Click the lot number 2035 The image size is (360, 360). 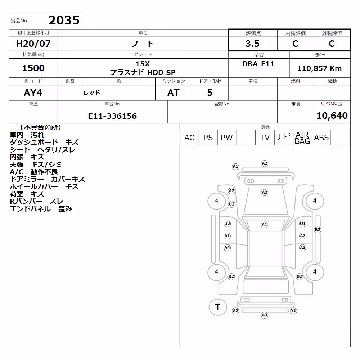pyautogui.click(x=64, y=21)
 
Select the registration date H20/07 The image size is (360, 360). pyautogui.click(x=33, y=44)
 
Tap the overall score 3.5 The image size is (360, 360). pyautogui.click(x=252, y=44)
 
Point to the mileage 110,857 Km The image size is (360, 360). pyautogui.click(x=319, y=68)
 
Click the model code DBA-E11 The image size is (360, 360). pyautogui.click(x=258, y=64)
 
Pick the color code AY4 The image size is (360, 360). pyautogui.click(x=33, y=93)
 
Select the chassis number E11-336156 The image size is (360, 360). pyautogui.click(x=112, y=116)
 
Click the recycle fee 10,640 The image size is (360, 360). pyautogui.click(x=332, y=116)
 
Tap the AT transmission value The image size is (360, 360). pyautogui.click(x=174, y=93)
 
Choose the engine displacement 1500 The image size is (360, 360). pyautogui.click(x=33, y=68)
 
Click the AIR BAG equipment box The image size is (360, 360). pyautogui.click(x=302, y=138)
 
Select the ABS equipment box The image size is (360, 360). pyautogui.click(x=321, y=138)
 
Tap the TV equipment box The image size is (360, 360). pyautogui.click(x=265, y=138)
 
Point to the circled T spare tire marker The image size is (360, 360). pyautogui.click(x=218, y=307)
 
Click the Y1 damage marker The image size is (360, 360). pyautogui.click(x=293, y=311)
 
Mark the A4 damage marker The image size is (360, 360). pyautogui.click(x=227, y=248)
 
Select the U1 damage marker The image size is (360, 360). pyautogui.click(x=303, y=224)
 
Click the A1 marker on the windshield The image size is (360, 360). pyautogui.click(x=265, y=225)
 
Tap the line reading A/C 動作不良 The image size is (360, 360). pyautogui.click(x=34, y=172)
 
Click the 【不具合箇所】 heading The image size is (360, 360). pyautogui.click(x=41, y=127)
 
